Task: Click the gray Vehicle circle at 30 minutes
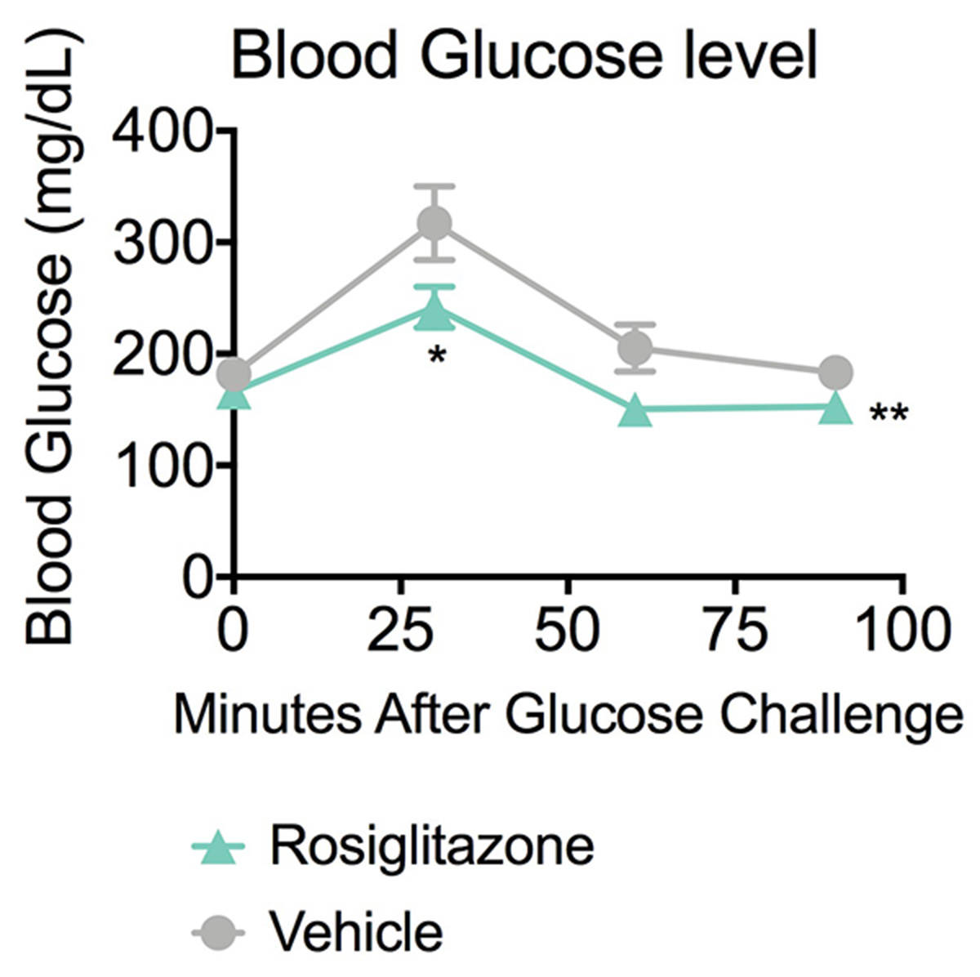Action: [434, 223]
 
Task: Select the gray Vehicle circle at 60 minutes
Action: [635, 348]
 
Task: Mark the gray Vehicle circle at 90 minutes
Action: [835, 373]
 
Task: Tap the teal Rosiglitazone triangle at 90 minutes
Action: [835, 408]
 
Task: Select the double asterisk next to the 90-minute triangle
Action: [889, 415]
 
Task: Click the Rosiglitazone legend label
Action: [432, 847]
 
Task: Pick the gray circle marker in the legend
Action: [220, 932]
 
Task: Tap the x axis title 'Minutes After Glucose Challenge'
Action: [568, 716]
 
